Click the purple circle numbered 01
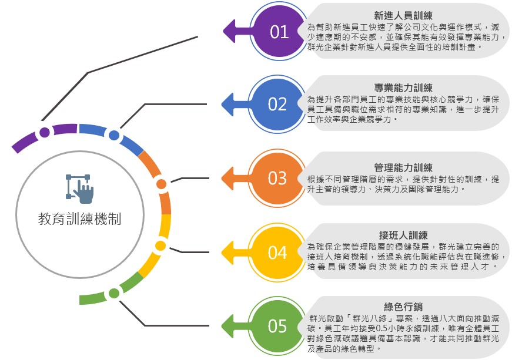(279, 31)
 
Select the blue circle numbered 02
(277, 104)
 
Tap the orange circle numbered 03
(277, 178)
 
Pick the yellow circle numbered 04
(277, 253)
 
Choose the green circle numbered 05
(277, 326)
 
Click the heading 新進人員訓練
(403, 15)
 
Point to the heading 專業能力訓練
(403, 88)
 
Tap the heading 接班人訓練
(403, 235)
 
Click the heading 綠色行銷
(403, 306)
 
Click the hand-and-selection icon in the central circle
(79, 187)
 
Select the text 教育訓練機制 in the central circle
(79, 220)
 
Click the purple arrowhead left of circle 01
(231, 31)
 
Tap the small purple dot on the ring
(44, 132)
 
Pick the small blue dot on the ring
(114, 136)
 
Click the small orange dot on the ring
(162, 184)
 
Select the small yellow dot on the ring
(160, 245)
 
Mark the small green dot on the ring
(114, 292)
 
